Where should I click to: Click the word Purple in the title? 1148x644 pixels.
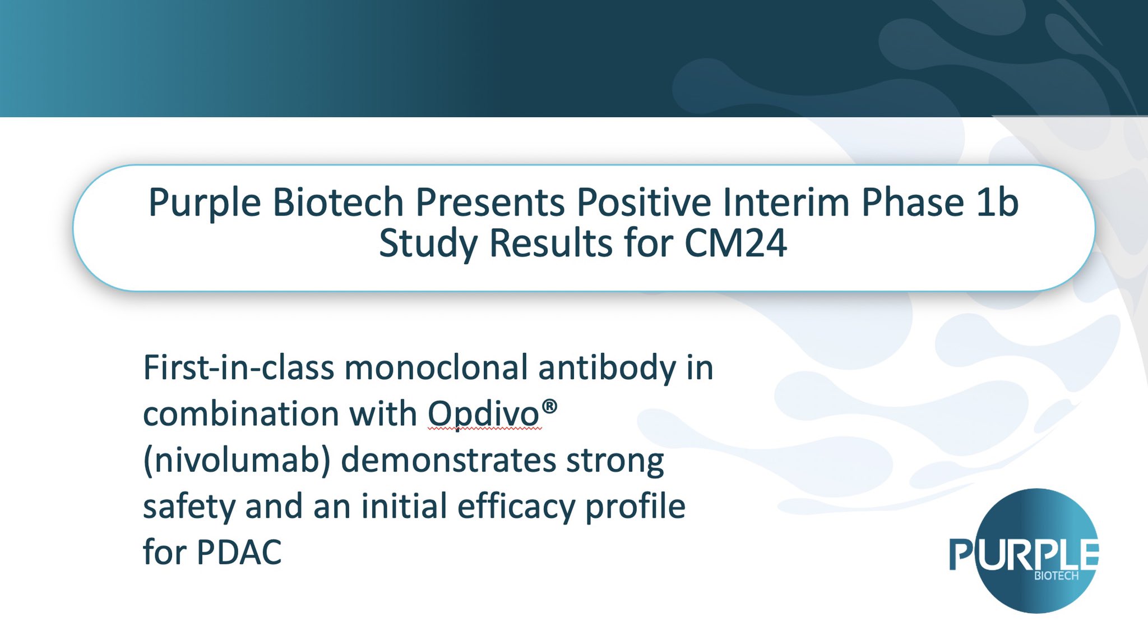pyautogui.click(x=205, y=203)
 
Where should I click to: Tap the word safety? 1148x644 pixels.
pyautogui.click(x=189, y=507)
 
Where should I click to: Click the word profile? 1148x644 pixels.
pyautogui.click(x=635, y=507)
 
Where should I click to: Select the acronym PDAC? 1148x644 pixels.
pyautogui.click(x=239, y=553)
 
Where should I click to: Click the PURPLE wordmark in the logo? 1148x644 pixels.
pyautogui.click(x=1024, y=554)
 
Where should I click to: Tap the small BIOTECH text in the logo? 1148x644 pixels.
pyautogui.click(x=1056, y=576)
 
